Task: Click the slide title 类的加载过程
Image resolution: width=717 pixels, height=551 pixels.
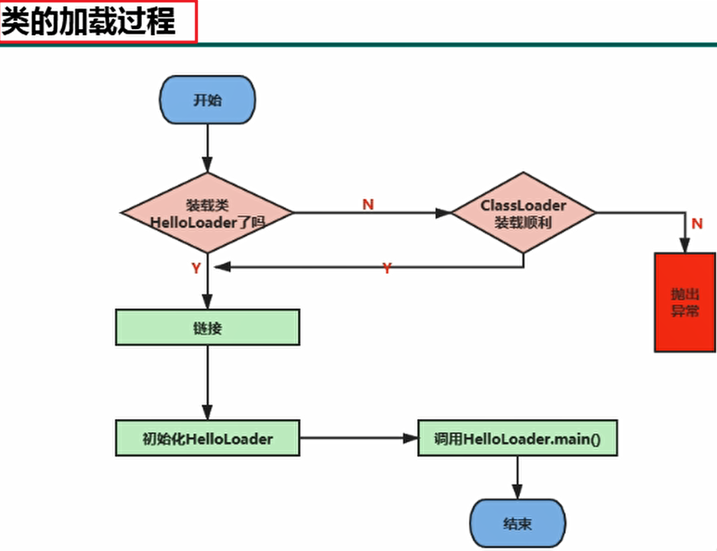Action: coord(89,22)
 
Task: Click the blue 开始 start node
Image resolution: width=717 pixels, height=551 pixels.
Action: coord(207,100)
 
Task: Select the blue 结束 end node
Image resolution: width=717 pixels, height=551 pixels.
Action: coord(518,524)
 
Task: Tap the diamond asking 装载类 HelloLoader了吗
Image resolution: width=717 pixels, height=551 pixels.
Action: coord(207,213)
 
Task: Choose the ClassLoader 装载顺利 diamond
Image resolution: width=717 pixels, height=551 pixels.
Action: coord(523,213)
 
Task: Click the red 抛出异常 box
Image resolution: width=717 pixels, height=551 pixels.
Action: coord(685,302)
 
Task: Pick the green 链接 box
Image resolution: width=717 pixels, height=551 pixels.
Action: coord(207,327)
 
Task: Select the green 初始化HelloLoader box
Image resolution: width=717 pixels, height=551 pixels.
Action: coord(207,438)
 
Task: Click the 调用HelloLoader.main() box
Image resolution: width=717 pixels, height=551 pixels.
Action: coord(517,438)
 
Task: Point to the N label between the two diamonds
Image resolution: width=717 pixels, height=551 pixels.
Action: coord(368,205)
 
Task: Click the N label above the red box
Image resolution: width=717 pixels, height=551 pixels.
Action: coord(696,224)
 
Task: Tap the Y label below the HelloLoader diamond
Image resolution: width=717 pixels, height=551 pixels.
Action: coord(195,268)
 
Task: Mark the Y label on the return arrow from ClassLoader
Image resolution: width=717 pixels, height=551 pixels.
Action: coord(386,268)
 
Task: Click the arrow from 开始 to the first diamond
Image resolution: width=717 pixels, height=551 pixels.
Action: coord(207,149)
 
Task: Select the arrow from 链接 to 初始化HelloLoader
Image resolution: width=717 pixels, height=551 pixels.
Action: coord(207,382)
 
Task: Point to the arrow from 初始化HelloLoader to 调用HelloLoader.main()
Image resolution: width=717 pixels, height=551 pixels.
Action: coord(358,438)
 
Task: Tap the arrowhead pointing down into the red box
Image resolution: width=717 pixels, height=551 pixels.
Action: coord(685,246)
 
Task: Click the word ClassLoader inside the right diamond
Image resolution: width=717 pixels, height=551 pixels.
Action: coord(523,205)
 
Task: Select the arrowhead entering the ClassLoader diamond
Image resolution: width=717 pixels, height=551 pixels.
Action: coord(444,213)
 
